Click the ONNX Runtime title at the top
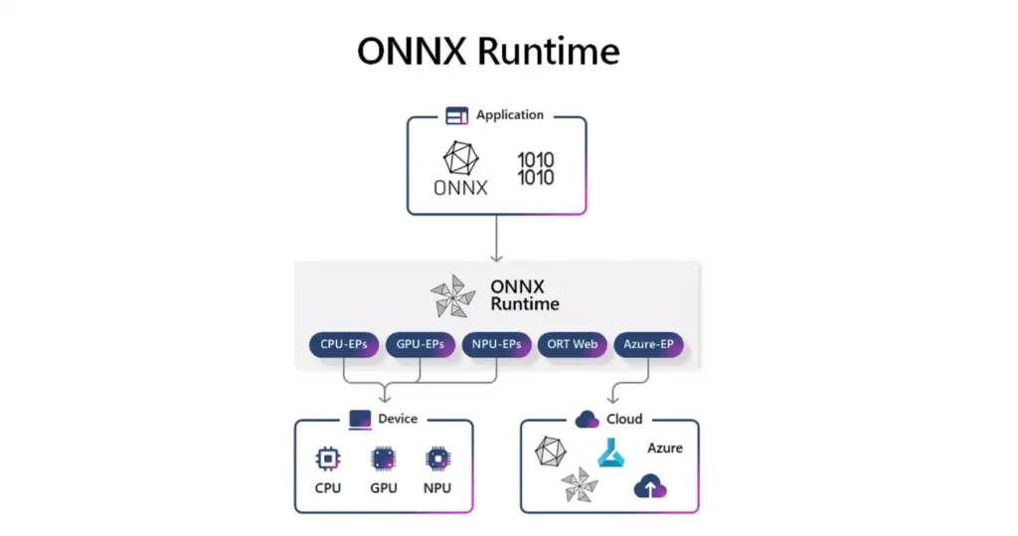(488, 52)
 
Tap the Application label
(510, 115)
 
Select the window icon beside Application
(456, 116)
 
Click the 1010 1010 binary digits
(536, 169)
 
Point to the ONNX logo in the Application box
(460, 167)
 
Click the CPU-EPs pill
(344, 345)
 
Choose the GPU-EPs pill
(421, 345)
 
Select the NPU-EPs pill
(497, 345)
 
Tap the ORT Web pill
(573, 345)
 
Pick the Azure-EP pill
(649, 345)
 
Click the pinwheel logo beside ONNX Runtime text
(452, 295)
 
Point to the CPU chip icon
(327, 458)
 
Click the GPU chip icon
(383, 458)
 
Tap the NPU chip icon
(437, 458)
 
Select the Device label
(398, 419)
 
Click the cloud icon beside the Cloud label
(587, 419)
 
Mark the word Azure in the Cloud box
(665, 448)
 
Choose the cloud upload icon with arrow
(650, 486)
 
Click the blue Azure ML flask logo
(609, 452)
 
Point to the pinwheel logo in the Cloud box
(580, 485)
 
